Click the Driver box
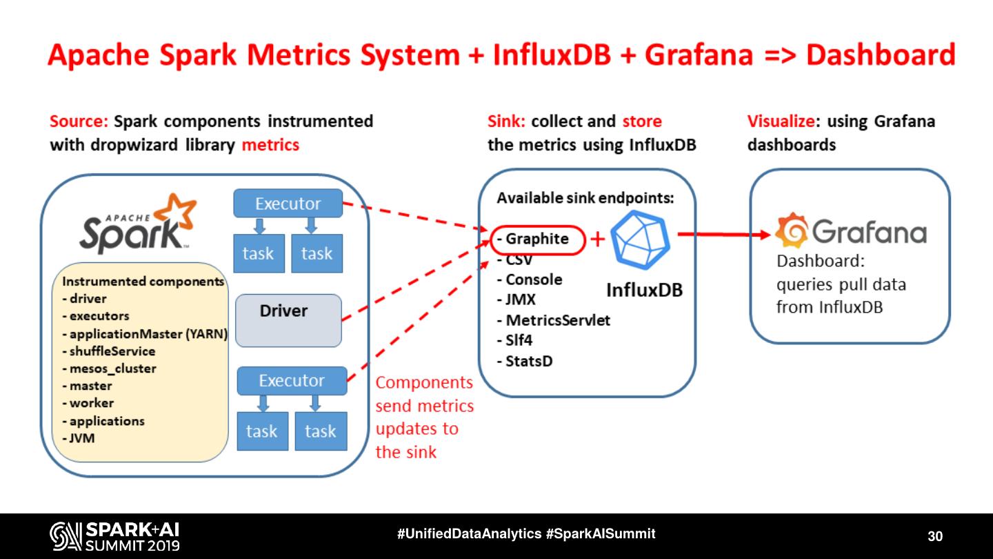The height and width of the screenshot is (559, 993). pos(288,320)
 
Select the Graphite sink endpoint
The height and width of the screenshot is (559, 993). pos(537,239)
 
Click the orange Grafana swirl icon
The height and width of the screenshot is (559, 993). pos(790,231)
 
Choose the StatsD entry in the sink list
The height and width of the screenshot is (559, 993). pos(529,361)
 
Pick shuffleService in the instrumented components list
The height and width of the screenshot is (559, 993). pos(112,351)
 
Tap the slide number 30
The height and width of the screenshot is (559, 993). pos(934,536)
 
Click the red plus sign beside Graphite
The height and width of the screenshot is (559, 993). pos(598,239)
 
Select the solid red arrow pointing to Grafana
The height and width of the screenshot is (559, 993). pos(723,235)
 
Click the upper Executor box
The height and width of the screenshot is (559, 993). pos(288,204)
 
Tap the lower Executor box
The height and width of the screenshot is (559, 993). pos(291,380)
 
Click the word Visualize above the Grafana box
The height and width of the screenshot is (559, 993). pos(780,121)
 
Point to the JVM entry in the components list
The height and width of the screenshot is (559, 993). pos(82,438)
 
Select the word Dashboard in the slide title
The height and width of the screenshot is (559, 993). pos(881,56)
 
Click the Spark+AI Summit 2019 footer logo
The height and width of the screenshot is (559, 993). pos(114,536)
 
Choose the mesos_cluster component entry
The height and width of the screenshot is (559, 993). pos(112,369)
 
